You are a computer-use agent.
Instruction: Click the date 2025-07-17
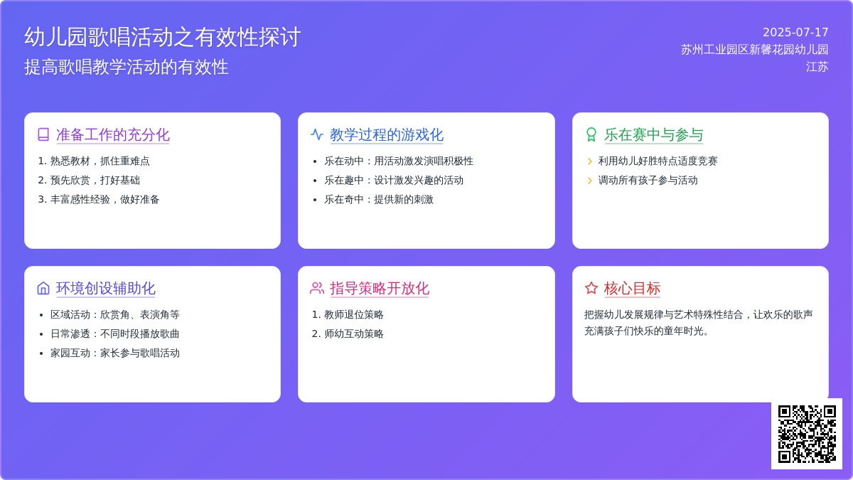(795, 33)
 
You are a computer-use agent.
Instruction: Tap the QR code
(807, 434)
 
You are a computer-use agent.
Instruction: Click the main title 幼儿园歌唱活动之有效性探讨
(163, 37)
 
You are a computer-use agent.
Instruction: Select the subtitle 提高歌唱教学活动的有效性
(127, 67)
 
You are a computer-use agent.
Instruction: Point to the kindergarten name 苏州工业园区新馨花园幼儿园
(755, 50)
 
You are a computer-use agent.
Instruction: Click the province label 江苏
(817, 67)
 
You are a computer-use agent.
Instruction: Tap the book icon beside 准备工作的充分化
(43, 134)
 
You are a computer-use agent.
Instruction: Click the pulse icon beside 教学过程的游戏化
(317, 134)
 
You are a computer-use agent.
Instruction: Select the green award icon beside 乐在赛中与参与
(591, 134)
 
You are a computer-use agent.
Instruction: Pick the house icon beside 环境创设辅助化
(43, 288)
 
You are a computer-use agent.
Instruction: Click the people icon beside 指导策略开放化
(317, 288)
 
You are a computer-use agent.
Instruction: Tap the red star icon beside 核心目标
(591, 288)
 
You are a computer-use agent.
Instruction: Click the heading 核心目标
(632, 289)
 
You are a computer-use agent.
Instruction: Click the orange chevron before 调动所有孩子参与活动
(590, 180)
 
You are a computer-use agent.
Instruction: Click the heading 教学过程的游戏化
(387, 135)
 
